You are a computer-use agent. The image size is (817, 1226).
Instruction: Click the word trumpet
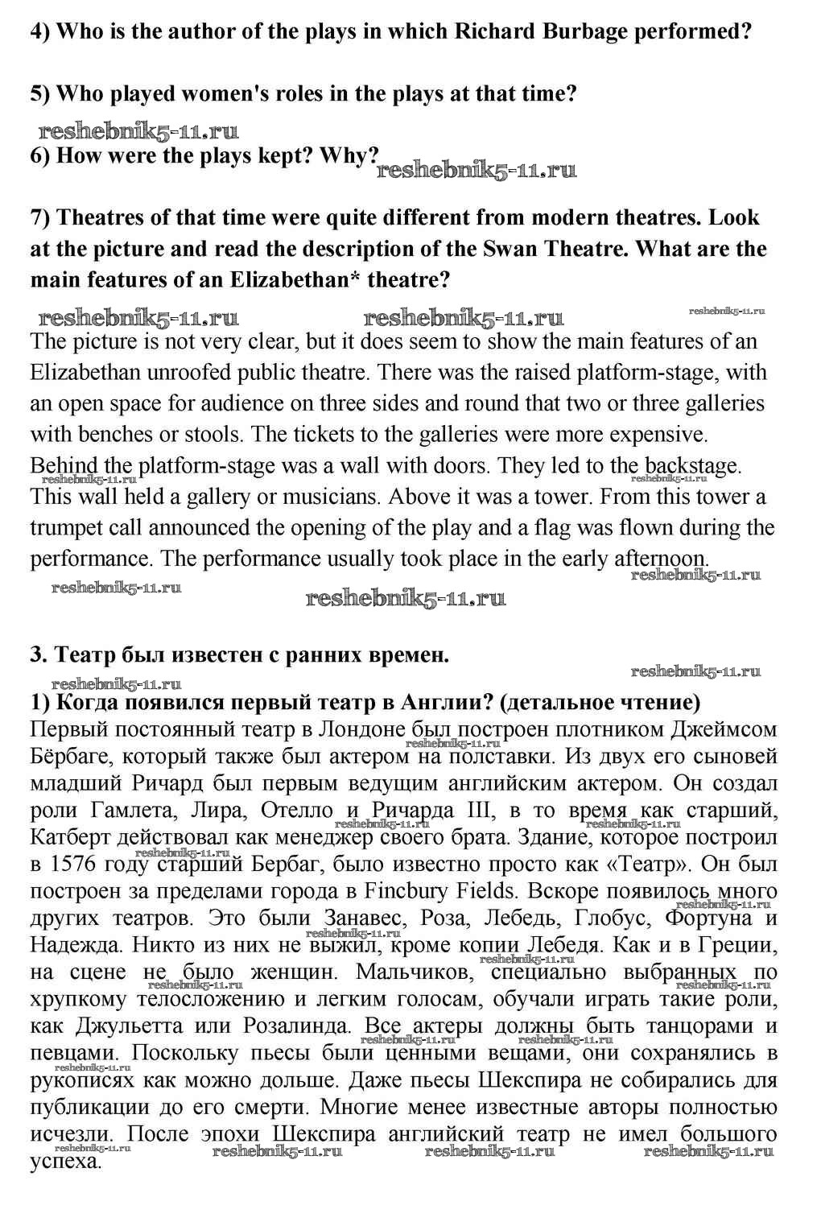point(71,527)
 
